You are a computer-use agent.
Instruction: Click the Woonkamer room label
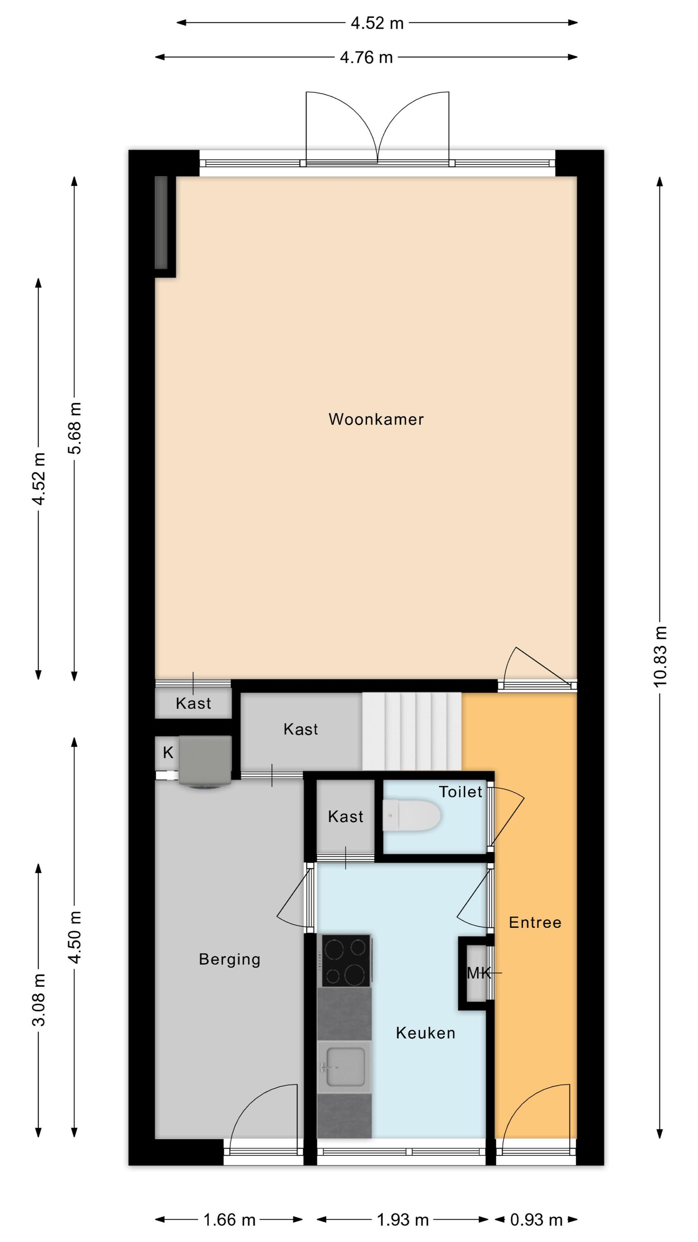[x=376, y=419]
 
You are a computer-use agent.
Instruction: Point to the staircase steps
[x=412, y=732]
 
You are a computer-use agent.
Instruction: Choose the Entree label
[x=535, y=922]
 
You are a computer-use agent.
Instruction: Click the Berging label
[x=230, y=960]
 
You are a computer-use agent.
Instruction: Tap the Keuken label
[x=425, y=1033]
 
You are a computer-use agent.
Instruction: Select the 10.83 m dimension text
[x=660, y=656]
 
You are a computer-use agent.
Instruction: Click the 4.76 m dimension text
[x=367, y=58]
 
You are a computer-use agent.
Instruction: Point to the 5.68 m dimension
[x=75, y=428]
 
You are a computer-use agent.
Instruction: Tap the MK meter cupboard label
[x=479, y=973]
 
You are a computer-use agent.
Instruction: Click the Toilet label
[x=461, y=791]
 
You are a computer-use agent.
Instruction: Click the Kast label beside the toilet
[x=345, y=816]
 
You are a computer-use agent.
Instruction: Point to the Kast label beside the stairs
[x=301, y=729]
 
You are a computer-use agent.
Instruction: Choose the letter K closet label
[x=167, y=752]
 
